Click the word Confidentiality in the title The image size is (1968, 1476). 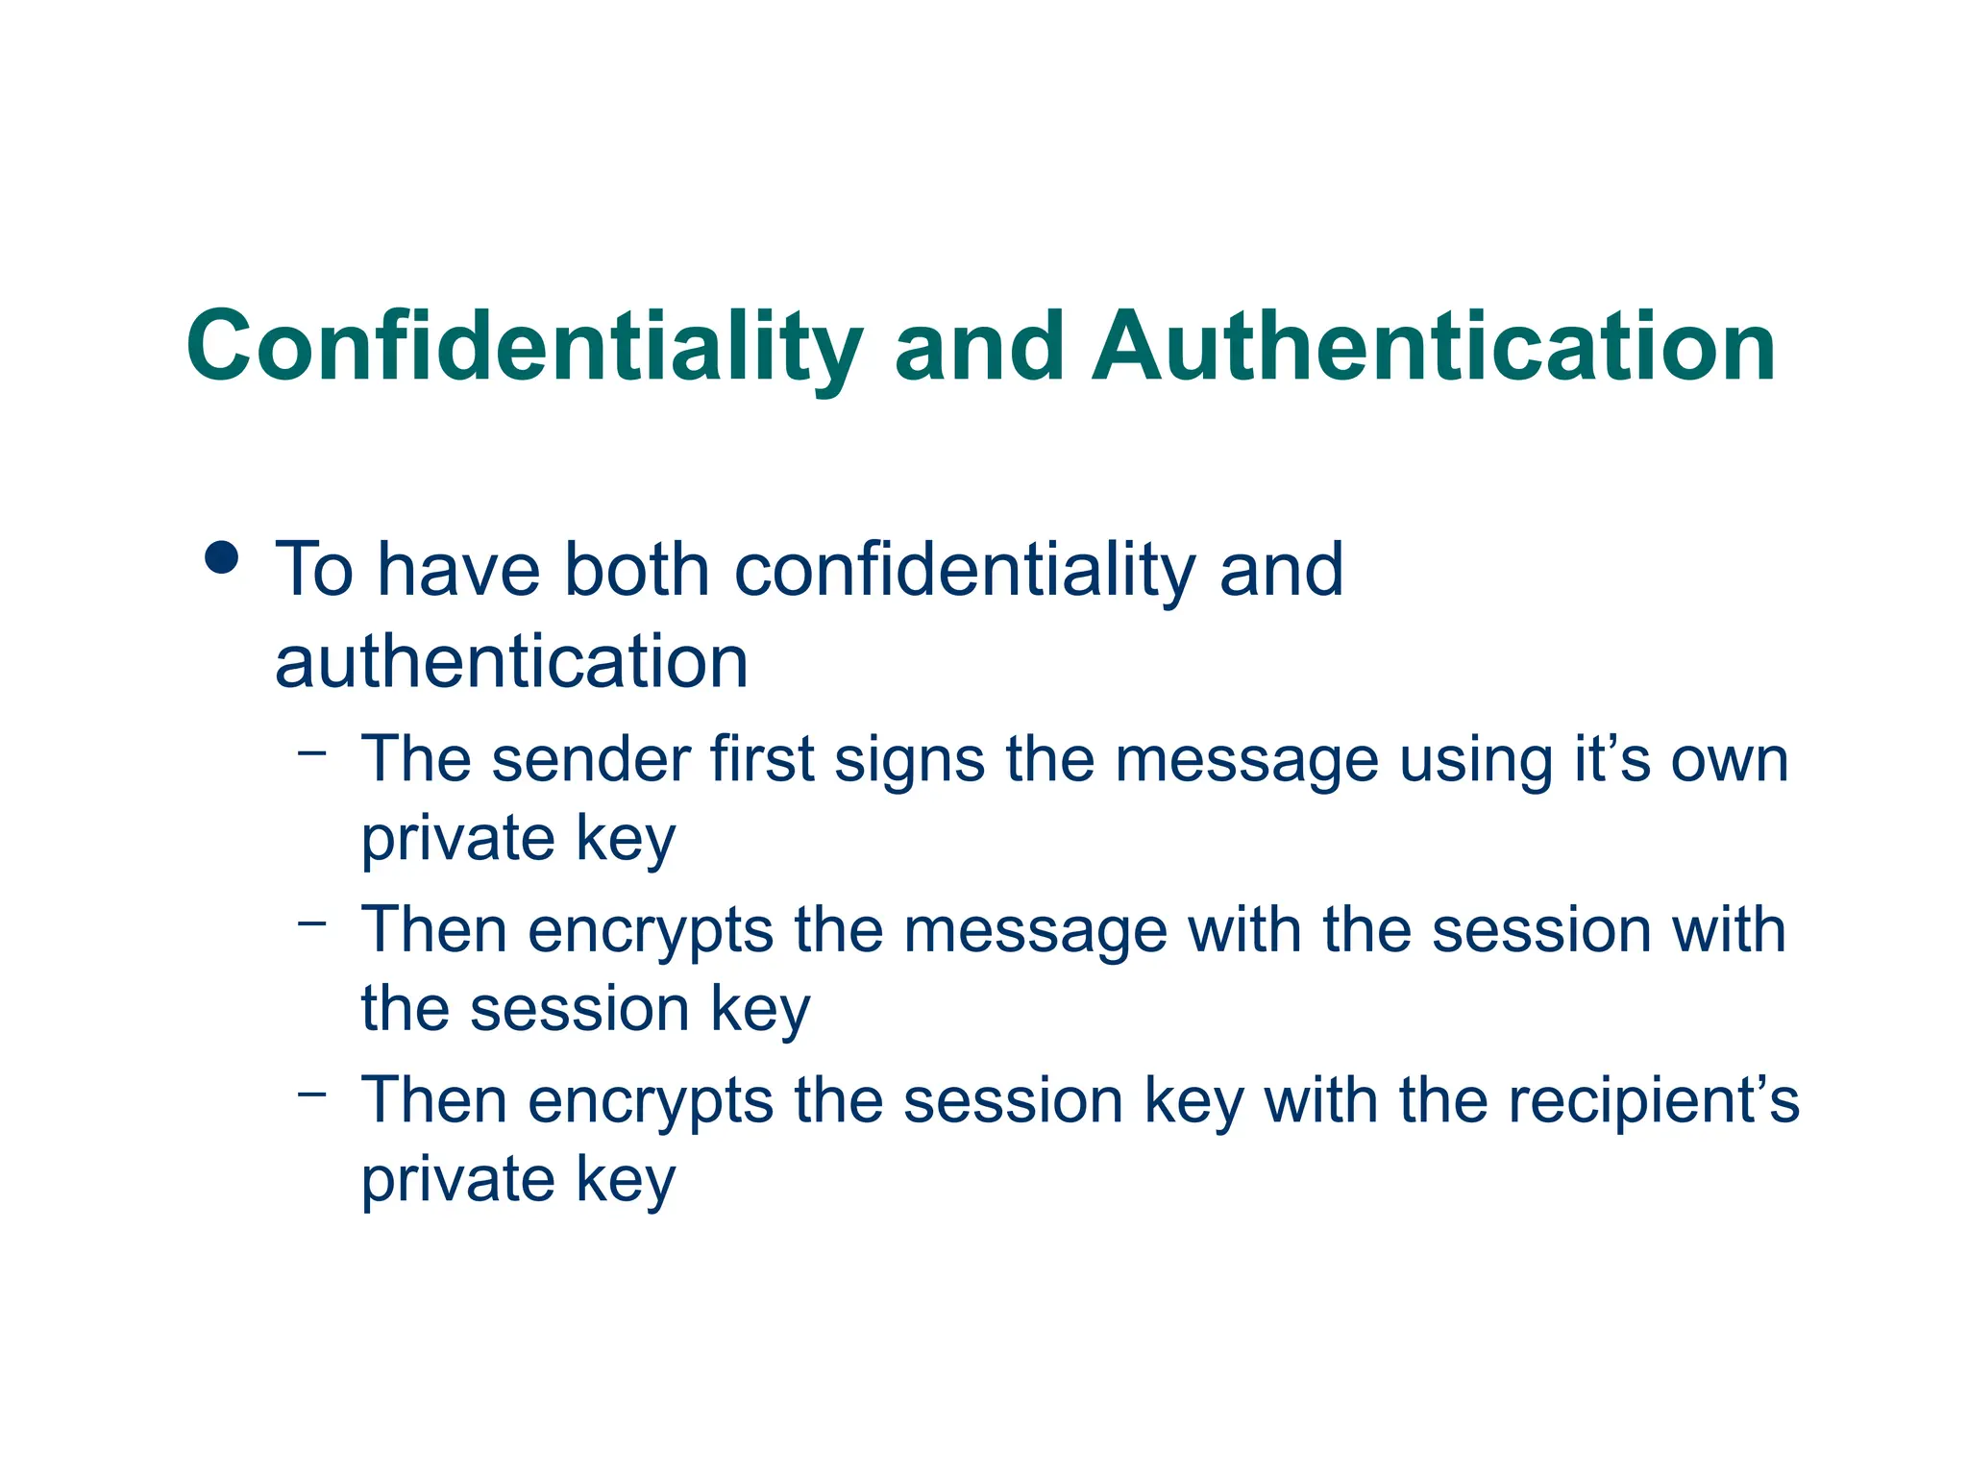coord(525,347)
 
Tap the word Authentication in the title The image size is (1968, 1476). coord(1434,347)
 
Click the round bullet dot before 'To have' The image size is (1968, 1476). coord(222,557)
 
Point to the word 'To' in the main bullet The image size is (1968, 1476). coord(314,570)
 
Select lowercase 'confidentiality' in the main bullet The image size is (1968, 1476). coord(965,570)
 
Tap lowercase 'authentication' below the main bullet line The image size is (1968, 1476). coord(511,662)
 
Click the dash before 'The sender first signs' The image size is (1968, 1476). coord(312,752)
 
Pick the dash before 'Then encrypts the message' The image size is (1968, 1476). coord(312,923)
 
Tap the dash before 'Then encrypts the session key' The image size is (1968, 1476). coord(312,1094)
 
